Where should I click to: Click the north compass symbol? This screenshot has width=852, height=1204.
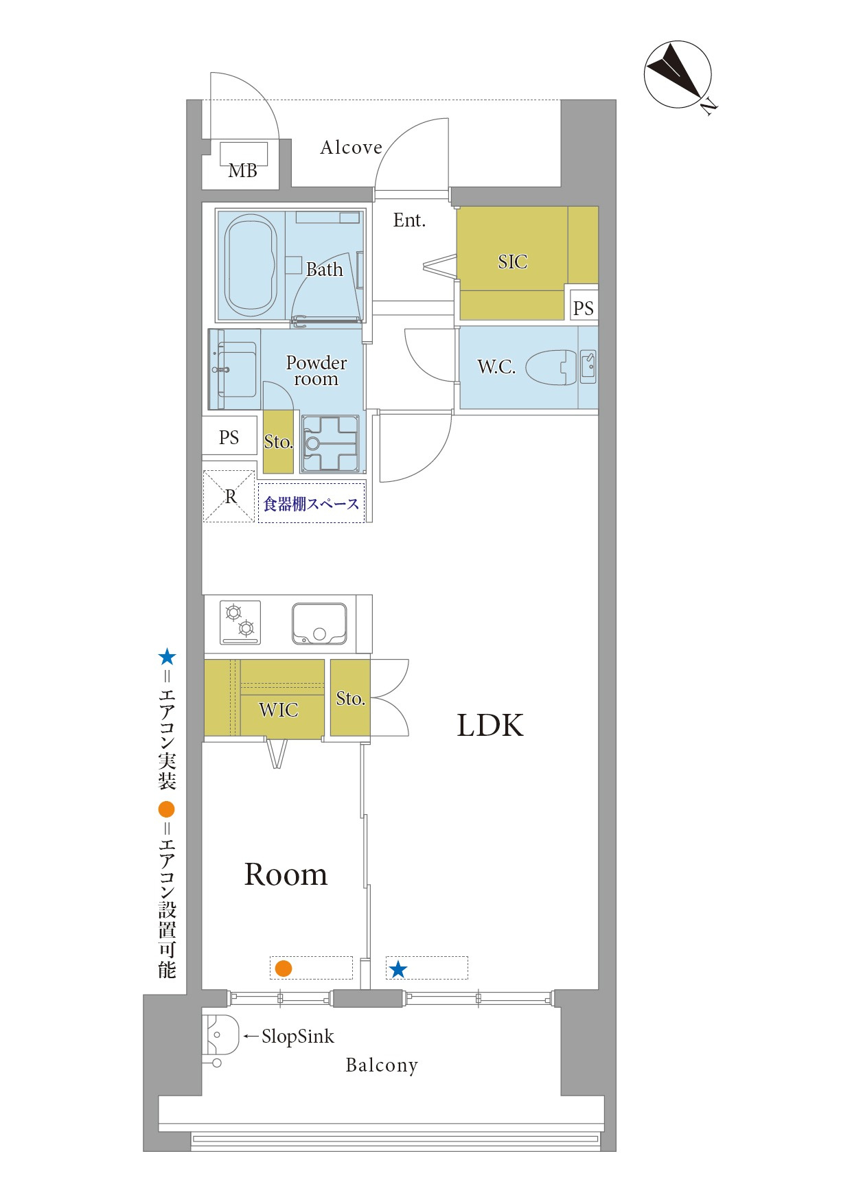pyautogui.click(x=678, y=75)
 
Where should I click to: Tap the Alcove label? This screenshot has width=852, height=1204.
pyautogui.click(x=351, y=148)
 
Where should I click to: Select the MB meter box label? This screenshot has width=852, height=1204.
pyautogui.click(x=243, y=170)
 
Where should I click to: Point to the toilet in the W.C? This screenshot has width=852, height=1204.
pyautogui.click(x=551, y=367)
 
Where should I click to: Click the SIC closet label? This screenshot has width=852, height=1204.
pyautogui.click(x=513, y=262)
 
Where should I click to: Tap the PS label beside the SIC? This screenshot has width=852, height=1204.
pyautogui.click(x=584, y=308)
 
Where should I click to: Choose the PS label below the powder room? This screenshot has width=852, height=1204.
pyautogui.click(x=229, y=437)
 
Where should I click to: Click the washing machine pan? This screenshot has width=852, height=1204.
pyautogui.click(x=331, y=443)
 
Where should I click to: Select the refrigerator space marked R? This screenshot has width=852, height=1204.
pyautogui.click(x=229, y=496)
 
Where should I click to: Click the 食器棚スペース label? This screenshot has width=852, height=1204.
pyautogui.click(x=312, y=504)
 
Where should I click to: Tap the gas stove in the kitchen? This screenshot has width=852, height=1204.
pyautogui.click(x=240, y=622)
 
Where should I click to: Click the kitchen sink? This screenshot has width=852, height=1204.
pyautogui.click(x=319, y=623)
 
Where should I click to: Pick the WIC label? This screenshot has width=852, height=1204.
pyautogui.click(x=279, y=710)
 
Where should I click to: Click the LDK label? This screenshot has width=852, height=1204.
pyautogui.click(x=490, y=726)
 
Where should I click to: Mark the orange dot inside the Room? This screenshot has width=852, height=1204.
pyautogui.click(x=284, y=969)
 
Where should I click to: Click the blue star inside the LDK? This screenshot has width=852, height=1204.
pyautogui.click(x=398, y=969)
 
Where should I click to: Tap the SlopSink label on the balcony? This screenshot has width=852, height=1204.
pyautogui.click(x=298, y=1037)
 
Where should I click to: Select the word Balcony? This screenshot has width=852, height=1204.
pyautogui.click(x=382, y=1065)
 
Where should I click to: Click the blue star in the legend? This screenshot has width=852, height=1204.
pyautogui.click(x=167, y=657)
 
